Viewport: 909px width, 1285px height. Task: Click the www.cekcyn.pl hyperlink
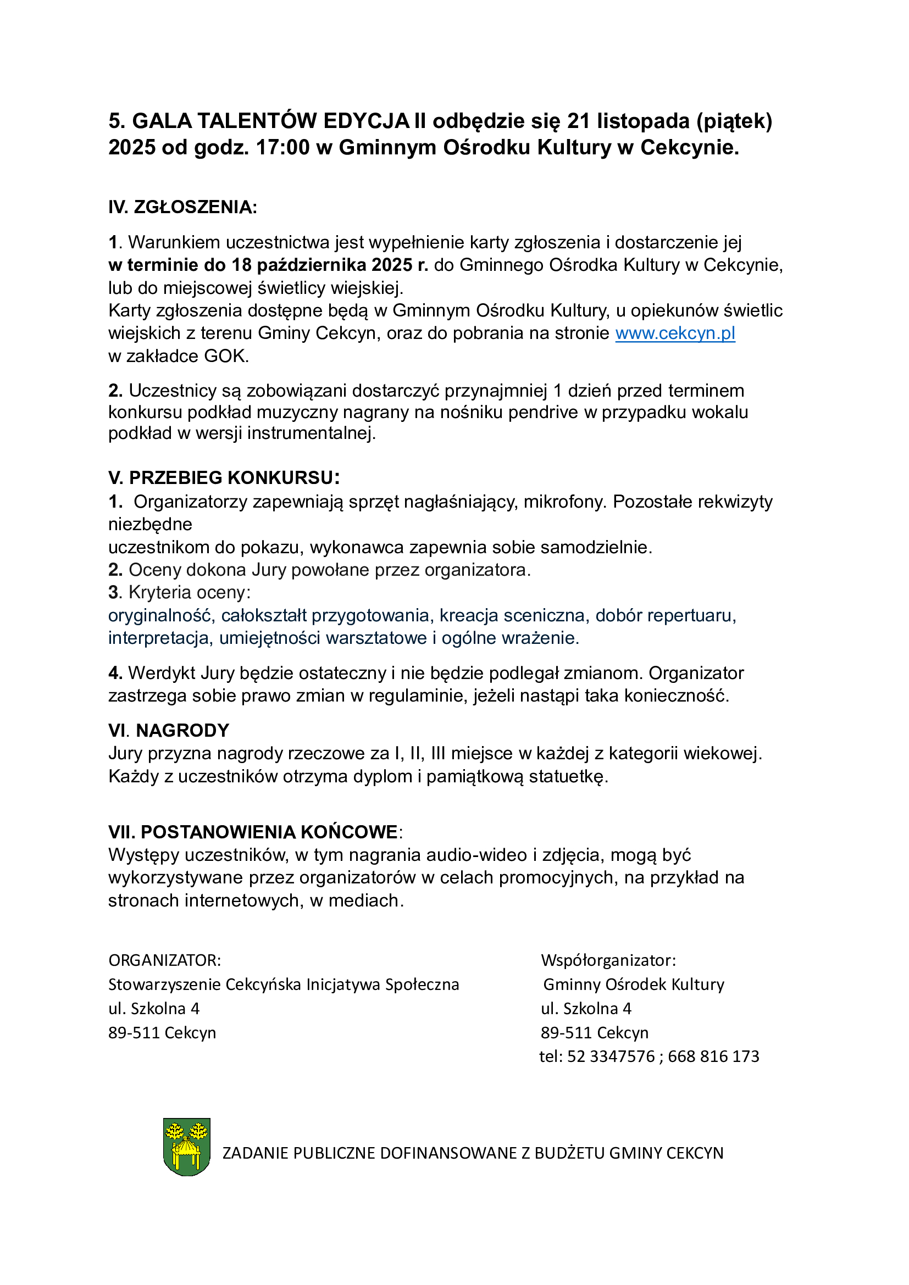coord(675,333)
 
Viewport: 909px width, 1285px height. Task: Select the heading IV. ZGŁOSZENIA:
coord(182,207)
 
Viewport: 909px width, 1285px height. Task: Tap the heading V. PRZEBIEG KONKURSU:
coord(224,477)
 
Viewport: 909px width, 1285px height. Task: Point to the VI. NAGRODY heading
coord(169,730)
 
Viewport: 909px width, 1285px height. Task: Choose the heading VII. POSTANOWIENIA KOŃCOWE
coord(253,832)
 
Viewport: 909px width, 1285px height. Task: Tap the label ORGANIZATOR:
coord(164,960)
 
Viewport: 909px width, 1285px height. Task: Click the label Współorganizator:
coord(608,960)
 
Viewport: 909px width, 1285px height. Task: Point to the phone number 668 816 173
coord(713,1056)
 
